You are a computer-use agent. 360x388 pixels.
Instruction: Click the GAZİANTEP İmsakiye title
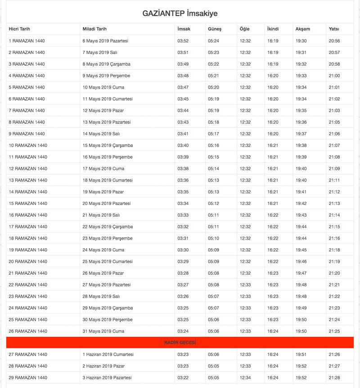coord(180,13)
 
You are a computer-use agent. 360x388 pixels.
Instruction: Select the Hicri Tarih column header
coord(19,29)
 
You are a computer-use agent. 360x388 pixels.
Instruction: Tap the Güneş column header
coord(214,29)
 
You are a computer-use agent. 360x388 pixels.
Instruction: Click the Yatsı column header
coord(334,29)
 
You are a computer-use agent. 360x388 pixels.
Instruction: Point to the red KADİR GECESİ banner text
coord(180,343)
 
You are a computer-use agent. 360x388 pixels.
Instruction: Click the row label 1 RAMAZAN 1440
coord(27,41)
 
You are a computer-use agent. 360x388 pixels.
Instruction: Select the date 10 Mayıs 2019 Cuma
coord(103,87)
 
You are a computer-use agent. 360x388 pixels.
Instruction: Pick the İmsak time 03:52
coord(183,41)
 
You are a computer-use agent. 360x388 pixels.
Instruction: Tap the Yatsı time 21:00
coord(334,76)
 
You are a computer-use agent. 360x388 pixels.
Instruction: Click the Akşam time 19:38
coord(301,145)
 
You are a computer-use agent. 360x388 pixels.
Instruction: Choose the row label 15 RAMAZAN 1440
coord(28,203)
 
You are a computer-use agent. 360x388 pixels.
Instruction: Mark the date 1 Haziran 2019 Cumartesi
coord(108,354)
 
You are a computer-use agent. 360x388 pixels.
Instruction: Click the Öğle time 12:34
coord(245,378)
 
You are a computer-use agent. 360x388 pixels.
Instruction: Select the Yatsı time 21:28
coord(334,378)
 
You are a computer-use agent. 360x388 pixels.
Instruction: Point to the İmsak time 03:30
coord(183,250)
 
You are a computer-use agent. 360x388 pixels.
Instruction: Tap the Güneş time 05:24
coord(213,41)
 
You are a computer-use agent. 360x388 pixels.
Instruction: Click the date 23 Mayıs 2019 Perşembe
coord(107,238)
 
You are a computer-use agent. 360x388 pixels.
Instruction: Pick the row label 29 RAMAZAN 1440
coord(28,378)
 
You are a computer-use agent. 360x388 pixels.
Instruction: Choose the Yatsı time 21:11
coord(334,180)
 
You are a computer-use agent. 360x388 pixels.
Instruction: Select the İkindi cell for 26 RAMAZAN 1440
coord(273,331)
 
